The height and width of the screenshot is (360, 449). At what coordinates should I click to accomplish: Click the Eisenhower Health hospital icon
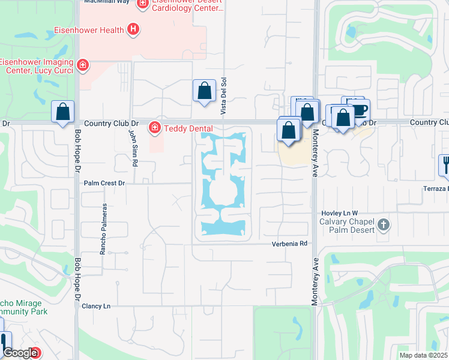[133, 29]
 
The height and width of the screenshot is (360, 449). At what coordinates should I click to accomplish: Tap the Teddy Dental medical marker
[154, 127]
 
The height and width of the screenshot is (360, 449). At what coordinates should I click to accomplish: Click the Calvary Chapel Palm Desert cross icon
[384, 226]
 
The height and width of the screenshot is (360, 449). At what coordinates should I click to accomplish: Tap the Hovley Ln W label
[338, 213]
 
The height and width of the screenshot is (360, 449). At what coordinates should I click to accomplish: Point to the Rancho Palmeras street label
[103, 229]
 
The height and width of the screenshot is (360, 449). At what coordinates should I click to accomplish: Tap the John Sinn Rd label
[133, 149]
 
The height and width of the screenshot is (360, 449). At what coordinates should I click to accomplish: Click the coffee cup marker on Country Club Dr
[360, 110]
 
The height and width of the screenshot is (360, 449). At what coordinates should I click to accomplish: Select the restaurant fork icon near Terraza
[445, 163]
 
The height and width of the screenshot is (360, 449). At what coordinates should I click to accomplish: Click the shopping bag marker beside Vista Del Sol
[204, 91]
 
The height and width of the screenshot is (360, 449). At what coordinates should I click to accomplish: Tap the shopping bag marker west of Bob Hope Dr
[62, 112]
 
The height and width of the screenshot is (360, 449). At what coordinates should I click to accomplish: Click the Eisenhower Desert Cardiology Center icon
[142, 4]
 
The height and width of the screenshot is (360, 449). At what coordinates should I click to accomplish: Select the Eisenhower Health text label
[89, 30]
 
